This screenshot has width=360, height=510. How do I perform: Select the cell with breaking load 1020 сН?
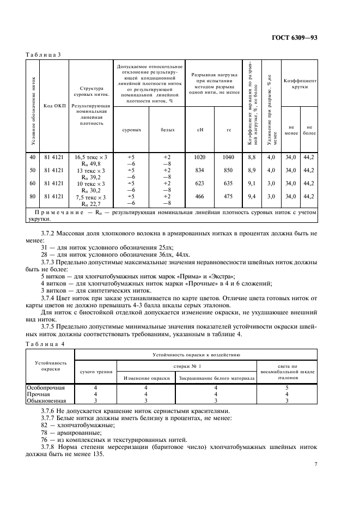199,157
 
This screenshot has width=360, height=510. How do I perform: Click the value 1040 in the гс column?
229,157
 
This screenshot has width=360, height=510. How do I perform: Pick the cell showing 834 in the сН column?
199,170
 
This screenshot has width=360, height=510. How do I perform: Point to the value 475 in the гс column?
229,196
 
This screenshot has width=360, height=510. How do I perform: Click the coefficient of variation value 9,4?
252,196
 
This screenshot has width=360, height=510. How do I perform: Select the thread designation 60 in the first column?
32,183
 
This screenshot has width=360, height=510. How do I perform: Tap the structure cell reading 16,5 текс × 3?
91,157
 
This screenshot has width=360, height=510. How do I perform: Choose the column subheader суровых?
131,130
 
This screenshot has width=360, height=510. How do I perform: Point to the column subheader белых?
167,130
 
